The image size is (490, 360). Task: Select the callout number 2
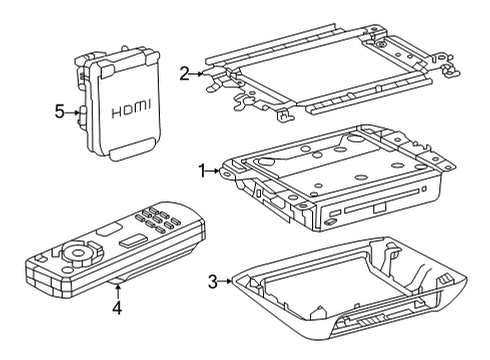pos(184,72)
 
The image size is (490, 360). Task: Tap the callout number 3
pos(212,283)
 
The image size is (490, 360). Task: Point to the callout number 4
pos(117,310)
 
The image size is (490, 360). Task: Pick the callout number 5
pos(58,113)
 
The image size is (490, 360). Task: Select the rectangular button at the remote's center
pos(131,242)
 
